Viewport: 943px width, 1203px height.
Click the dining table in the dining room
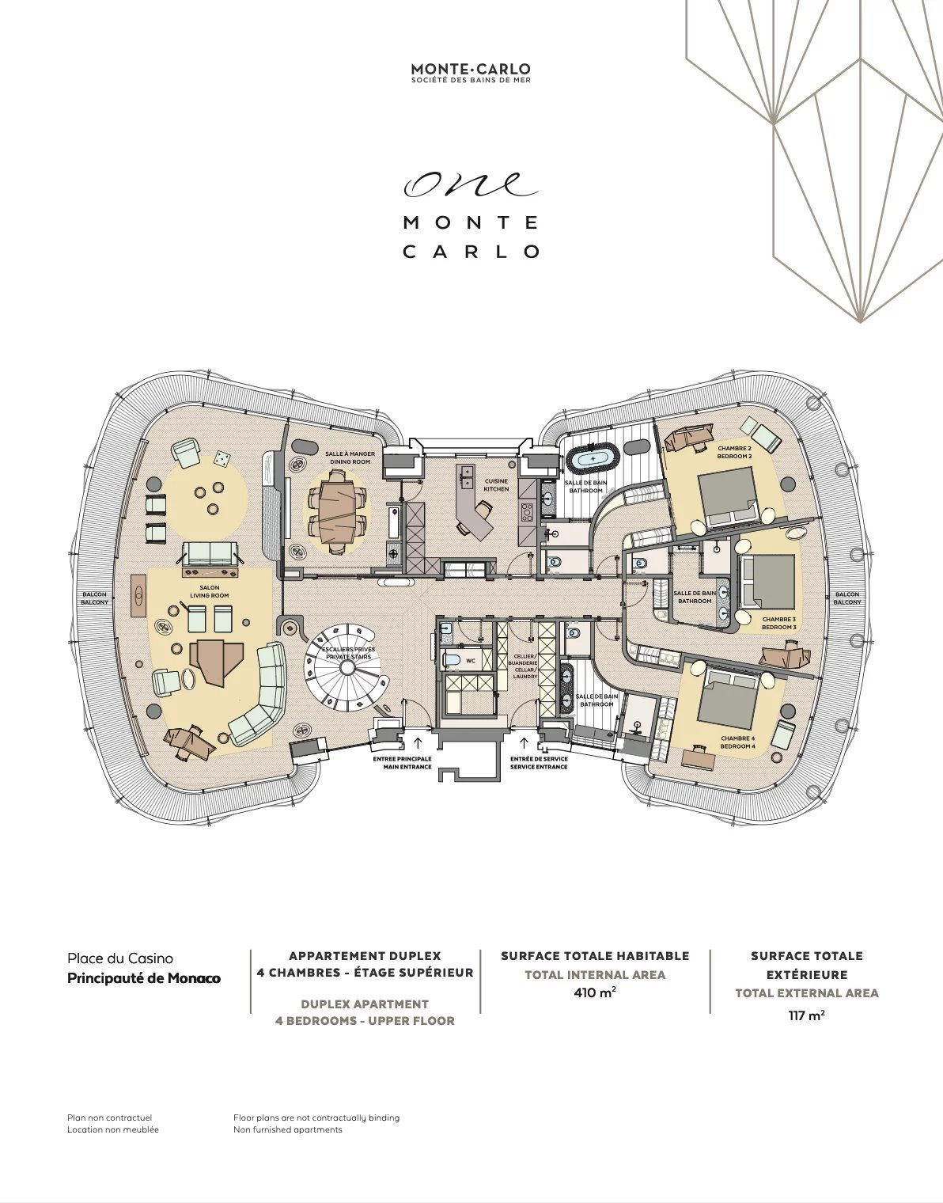[x=338, y=511]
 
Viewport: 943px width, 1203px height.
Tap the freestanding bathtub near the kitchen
[x=592, y=458]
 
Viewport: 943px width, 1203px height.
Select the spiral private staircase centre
[x=347, y=668]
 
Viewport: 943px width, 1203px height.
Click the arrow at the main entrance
[x=418, y=742]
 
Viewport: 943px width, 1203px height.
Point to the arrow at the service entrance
[x=524, y=742]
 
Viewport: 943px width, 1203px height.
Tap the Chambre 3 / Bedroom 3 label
[x=778, y=623]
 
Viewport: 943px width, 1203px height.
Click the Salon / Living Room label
[x=209, y=591]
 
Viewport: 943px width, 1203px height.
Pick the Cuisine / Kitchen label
[x=496, y=485]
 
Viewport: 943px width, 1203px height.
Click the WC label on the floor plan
[x=471, y=660]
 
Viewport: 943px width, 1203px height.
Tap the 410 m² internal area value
[x=595, y=992]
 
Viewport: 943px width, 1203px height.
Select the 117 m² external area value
[x=806, y=1015]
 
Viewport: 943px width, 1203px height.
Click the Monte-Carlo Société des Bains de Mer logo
[x=471, y=73]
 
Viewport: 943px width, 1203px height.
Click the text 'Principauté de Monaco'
[x=144, y=978]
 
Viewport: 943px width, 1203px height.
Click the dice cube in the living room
[x=222, y=458]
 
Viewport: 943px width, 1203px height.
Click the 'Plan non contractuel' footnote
[x=110, y=1118]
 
